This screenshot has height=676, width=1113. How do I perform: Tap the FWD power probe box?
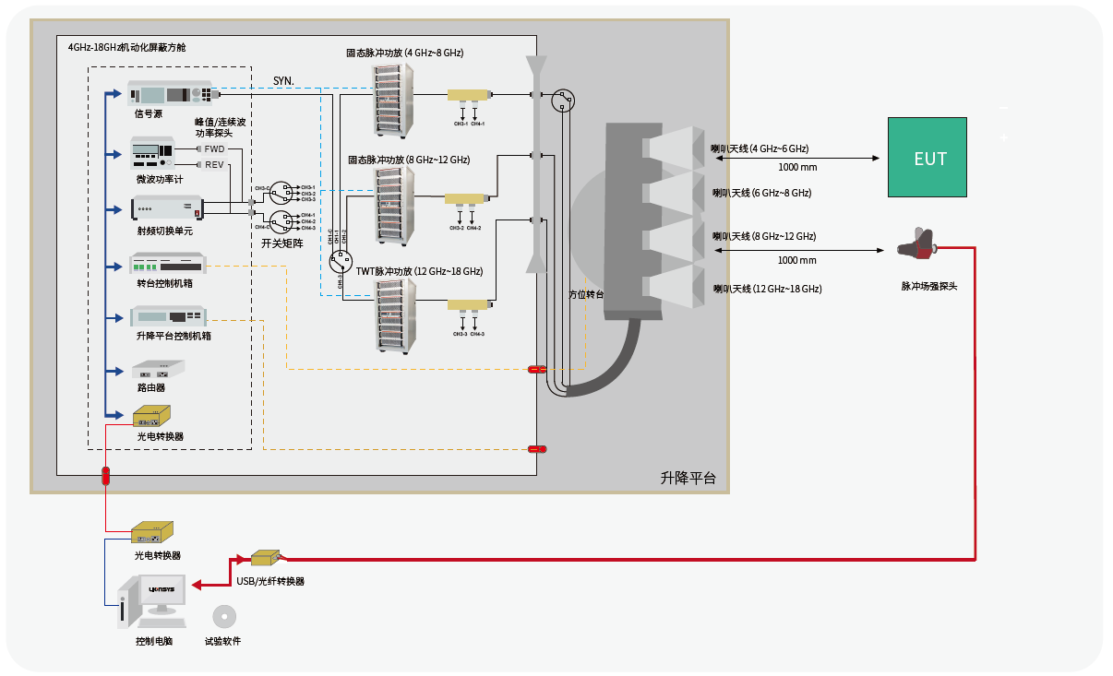click(214, 148)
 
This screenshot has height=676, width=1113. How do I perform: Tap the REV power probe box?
click(214, 165)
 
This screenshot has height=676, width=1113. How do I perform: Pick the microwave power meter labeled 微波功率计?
click(153, 153)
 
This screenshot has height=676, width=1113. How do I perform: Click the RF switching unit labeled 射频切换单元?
click(166, 208)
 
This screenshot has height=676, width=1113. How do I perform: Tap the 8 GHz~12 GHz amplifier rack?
click(395, 205)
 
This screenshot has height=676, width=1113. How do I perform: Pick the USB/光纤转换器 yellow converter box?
click(264, 558)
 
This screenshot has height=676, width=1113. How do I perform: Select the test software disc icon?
click(222, 616)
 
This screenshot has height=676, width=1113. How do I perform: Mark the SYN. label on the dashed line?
click(283, 81)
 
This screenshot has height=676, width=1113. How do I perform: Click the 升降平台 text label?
click(688, 478)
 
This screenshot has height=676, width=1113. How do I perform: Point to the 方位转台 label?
click(586, 294)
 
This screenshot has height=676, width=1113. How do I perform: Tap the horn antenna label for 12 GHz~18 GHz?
click(767, 289)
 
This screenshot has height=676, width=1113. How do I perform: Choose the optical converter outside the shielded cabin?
click(151, 533)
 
